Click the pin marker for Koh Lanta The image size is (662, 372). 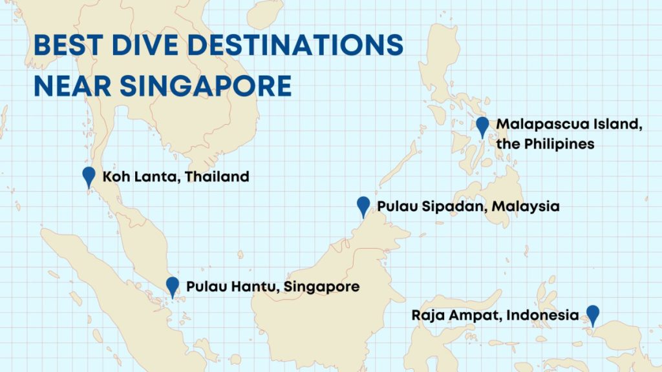coord(89,176)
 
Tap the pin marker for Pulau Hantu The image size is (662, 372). coord(172,285)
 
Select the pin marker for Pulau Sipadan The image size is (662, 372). coord(363,206)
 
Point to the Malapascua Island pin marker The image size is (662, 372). coord(482,126)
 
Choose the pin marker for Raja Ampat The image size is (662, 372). coord(592,315)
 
